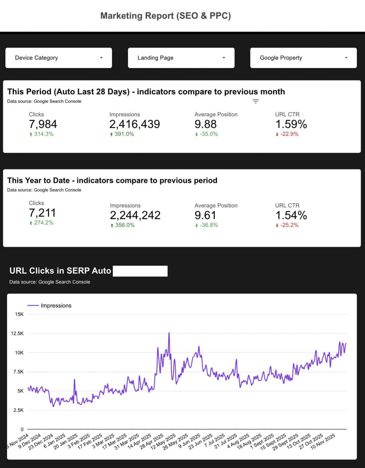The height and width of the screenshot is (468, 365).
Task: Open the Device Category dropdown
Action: pos(58,58)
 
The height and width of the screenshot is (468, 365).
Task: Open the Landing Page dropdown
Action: pos(181,58)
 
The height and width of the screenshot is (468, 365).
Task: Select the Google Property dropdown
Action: pos(303,58)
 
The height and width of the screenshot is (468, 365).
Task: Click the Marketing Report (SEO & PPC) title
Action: pos(166,16)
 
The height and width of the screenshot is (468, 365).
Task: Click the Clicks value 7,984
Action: pos(43,124)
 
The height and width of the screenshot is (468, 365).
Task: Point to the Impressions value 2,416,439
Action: pos(135,124)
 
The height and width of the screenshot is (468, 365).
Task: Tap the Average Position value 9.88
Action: pos(205,124)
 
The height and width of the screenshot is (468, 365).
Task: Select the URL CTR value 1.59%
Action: pos(291,124)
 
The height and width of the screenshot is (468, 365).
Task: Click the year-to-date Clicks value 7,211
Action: pos(42,213)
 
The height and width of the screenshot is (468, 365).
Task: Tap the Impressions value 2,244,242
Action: pos(135,215)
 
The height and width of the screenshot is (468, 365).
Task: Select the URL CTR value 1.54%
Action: pos(291,215)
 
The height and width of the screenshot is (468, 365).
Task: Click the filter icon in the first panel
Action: pos(256,101)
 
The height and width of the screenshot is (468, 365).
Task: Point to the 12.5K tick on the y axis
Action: pos(17,334)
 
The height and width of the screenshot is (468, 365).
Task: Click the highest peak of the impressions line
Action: pos(169,334)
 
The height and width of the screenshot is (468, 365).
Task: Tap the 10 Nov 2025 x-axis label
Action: pos(323,441)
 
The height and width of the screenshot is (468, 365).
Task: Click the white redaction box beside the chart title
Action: pos(140,271)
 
